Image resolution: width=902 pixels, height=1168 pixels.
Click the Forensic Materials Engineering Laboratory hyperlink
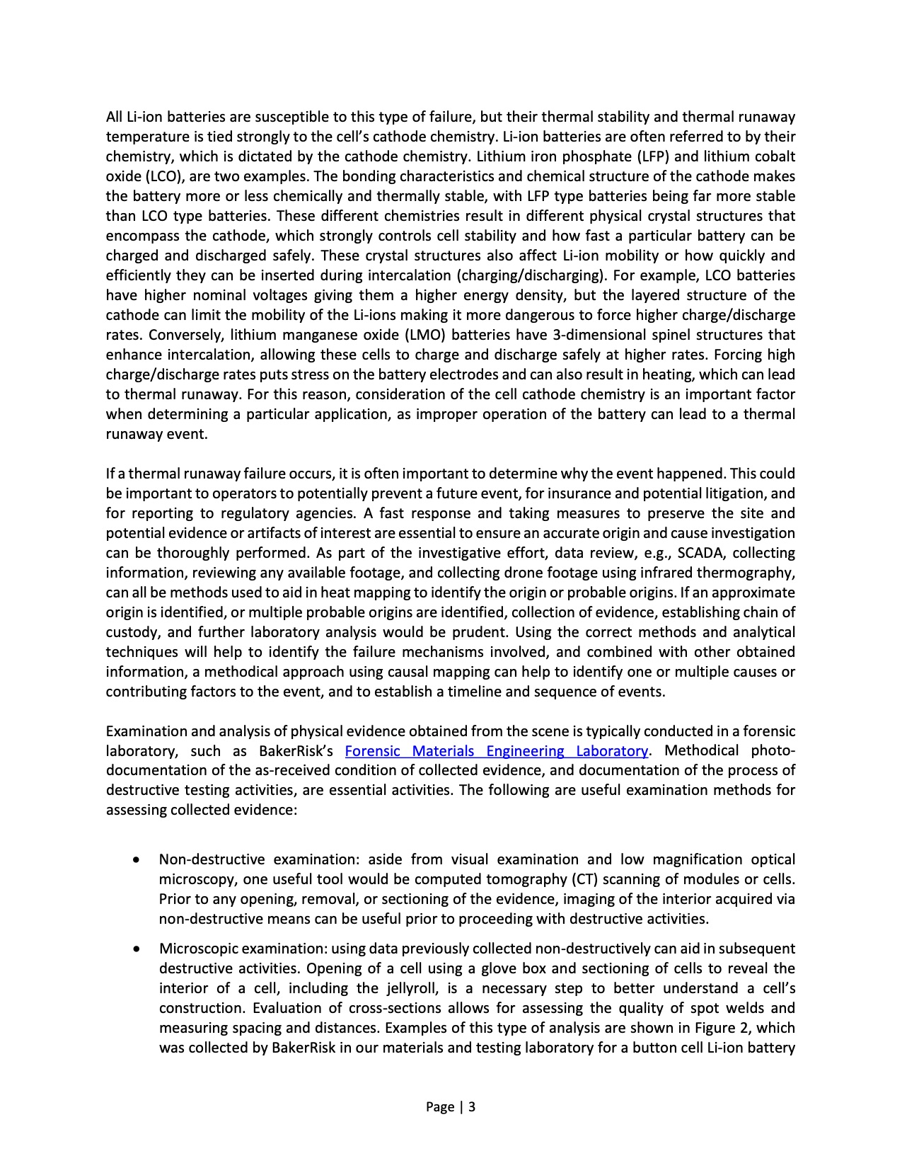[496, 751]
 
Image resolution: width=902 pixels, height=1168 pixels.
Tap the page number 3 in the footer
[472, 1107]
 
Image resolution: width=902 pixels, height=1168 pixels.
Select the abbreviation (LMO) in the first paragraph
[424, 335]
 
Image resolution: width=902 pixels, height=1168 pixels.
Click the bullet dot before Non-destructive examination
[135, 860]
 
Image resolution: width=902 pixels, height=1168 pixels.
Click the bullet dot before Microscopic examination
[135, 949]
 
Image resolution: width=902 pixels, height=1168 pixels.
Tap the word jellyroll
[416, 989]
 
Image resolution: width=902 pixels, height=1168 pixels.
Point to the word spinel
[671, 335]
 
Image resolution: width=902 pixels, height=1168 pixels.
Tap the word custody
[131, 632]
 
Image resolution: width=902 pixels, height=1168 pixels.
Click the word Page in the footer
[439, 1107]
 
